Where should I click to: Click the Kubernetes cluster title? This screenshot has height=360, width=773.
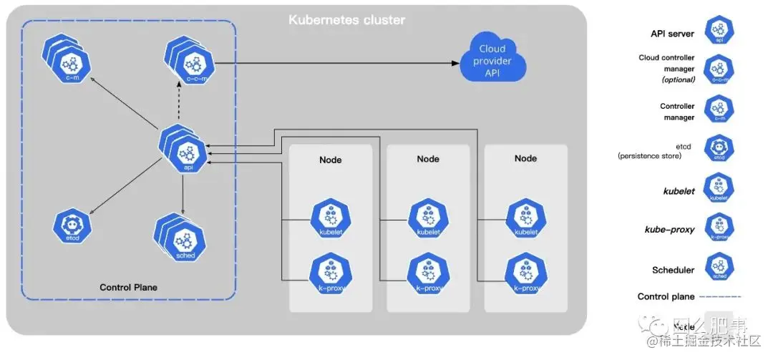click(346, 20)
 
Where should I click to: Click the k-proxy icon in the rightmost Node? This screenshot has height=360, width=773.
click(526, 273)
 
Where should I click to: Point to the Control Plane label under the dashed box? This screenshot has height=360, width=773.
click(128, 287)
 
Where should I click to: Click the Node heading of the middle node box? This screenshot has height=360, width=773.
click(428, 159)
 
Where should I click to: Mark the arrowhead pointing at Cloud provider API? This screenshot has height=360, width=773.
click(455, 63)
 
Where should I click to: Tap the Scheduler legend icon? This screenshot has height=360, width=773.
click(719, 268)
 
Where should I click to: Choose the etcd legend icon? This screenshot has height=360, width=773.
click(719, 149)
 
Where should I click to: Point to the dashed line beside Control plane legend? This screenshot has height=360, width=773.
click(720, 296)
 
